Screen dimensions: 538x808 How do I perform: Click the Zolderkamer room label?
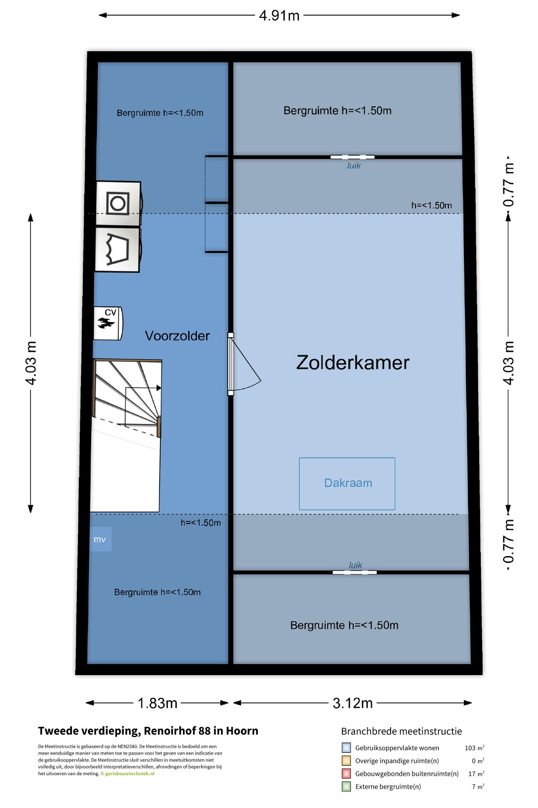(x=353, y=363)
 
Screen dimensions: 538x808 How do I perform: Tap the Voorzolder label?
(x=177, y=336)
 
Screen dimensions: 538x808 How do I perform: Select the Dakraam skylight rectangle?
(x=347, y=483)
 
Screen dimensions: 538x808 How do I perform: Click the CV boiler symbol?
(x=108, y=323)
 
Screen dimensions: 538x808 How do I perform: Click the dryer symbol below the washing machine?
(x=117, y=250)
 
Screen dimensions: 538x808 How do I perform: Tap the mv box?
(x=100, y=539)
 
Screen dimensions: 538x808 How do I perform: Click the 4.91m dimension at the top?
(x=279, y=16)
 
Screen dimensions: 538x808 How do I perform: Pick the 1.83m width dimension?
(x=157, y=703)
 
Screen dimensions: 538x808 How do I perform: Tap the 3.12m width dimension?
(x=352, y=703)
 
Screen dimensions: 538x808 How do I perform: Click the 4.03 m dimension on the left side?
(x=30, y=363)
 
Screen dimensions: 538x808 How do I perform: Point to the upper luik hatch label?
(x=354, y=166)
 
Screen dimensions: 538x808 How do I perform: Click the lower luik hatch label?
(x=356, y=565)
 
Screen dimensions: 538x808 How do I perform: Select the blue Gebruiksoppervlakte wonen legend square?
(x=346, y=748)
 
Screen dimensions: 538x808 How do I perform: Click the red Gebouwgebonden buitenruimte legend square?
(x=346, y=773)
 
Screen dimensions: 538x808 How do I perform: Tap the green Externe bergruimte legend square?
(x=346, y=786)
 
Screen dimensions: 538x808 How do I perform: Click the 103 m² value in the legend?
(x=474, y=748)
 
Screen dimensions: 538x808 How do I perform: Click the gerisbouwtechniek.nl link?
(x=130, y=773)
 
